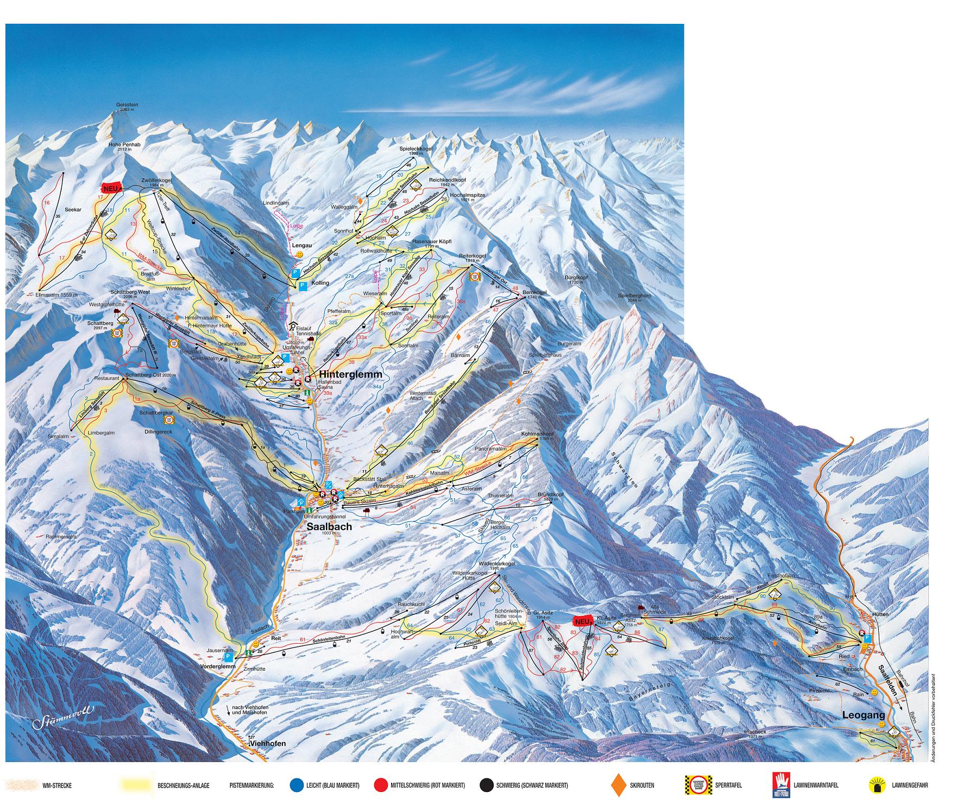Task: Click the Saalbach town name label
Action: click(x=329, y=526)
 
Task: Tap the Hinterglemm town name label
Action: click(x=350, y=375)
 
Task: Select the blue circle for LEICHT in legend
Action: click(x=296, y=785)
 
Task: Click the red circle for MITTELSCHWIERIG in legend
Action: click(x=381, y=785)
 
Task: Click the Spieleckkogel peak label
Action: click(x=412, y=148)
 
